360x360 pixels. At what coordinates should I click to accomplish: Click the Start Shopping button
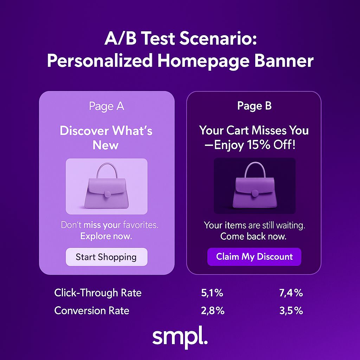[x=106, y=257]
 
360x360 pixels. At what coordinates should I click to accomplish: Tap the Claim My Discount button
[x=254, y=257]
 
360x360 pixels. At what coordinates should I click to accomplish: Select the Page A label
[x=106, y=106]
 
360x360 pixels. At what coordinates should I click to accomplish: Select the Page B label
[x=254, y=106]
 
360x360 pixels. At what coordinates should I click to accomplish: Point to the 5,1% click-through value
[x=212, y=293]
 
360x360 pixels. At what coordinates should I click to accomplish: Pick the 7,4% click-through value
[x=291, y=293]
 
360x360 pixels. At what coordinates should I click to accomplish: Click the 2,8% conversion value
[x=212, y=311]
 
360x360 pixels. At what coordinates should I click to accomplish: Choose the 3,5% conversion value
[x=291, y=311]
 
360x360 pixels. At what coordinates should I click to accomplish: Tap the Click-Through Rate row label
[x=98, y=293]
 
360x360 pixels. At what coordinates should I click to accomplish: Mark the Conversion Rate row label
[x=92, y=311]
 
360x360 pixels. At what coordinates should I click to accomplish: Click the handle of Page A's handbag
[x=107, y=169]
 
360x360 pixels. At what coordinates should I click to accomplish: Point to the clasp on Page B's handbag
[x=255, y=193]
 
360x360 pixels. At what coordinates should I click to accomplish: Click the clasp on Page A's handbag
[x=108, y=193]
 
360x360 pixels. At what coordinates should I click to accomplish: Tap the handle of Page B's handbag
[x=255, y=168]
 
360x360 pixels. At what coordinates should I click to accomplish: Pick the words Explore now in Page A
[x=106, y=236]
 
